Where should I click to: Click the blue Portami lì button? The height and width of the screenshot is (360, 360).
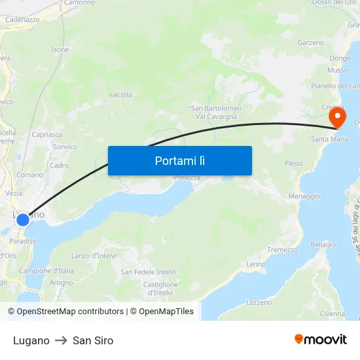[x=179, y=160]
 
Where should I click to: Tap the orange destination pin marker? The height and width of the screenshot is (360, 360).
[x=338, y=118]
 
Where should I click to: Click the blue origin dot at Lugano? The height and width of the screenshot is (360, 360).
[x=23, y=219]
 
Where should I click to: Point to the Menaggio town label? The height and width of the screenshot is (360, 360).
[x=304, y=196]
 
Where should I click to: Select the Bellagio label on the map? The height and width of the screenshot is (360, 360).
[x=323, y=243]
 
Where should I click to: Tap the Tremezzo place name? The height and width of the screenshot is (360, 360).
[x=282, y=249]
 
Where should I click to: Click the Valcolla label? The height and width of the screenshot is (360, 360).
[x=120, y=95]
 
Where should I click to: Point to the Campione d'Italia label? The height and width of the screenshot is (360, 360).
[x=46, y=270]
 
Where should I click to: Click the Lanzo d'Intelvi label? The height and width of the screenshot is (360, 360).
[x=94, y=255]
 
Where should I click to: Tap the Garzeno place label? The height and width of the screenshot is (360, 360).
[x=311, y=43]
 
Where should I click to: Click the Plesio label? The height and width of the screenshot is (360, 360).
[x=293, y=163]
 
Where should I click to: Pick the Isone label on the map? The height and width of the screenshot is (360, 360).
[x=60, y=50]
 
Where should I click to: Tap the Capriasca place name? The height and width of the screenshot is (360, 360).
[x=46, y=134]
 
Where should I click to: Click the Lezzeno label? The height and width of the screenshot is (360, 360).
[x=260, y=302]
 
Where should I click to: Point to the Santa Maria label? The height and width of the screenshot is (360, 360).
[x=329, y=139]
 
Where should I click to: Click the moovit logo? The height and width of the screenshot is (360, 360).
[x=320, y=339]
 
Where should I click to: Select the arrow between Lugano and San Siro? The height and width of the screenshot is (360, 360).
[x=61, y=340]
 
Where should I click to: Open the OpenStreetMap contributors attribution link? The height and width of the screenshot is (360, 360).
[x=70, y=312]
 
